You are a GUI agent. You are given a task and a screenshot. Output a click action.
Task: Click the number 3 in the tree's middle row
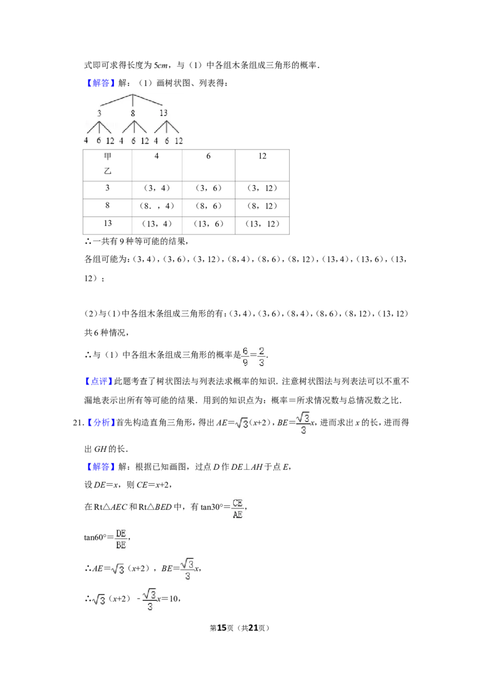100,113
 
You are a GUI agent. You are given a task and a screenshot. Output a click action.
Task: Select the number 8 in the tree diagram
133,113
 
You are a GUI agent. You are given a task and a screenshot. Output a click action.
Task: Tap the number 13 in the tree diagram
163,113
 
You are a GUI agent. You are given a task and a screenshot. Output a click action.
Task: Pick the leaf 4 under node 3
86,141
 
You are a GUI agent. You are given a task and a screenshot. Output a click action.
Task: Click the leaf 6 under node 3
99,141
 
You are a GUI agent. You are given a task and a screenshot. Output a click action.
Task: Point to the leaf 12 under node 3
110,141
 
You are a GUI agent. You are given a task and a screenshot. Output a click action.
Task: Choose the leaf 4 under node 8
121,141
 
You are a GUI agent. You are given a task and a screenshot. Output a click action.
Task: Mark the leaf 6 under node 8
133,141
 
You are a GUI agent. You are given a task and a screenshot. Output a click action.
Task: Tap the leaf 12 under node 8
145,141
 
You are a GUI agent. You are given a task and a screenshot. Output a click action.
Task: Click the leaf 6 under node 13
167,141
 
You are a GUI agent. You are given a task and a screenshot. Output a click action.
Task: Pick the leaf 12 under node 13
179,141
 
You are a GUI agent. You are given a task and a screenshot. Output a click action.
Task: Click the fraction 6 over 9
243,357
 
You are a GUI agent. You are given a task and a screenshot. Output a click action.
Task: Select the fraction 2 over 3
262,357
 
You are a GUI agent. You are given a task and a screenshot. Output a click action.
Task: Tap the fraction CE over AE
237,509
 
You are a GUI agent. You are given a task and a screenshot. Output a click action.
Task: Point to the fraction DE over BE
120,539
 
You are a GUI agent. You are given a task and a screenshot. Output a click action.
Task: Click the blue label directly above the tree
101,83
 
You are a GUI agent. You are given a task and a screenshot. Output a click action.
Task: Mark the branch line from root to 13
148,100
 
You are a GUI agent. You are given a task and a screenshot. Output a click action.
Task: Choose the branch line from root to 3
116,100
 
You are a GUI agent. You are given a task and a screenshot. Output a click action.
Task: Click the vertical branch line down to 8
133,101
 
